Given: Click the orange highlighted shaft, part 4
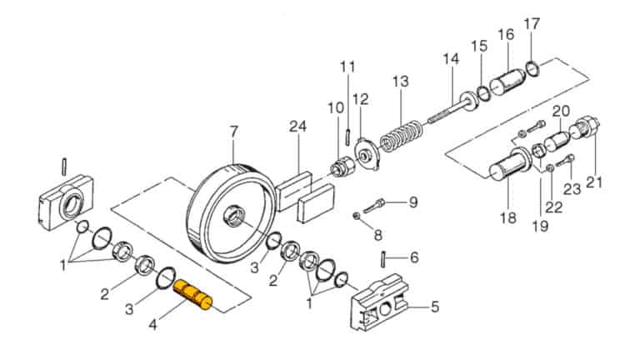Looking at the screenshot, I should tap(193, 295).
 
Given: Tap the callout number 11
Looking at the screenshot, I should tap(347, 66).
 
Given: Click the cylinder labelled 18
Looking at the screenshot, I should tap(508, 172).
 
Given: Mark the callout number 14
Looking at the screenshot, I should tap(451, 58).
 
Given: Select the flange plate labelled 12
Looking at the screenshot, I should tap(364, 148).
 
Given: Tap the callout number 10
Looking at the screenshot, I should tap(335, 107).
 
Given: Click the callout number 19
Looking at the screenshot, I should tap(541, 225).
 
